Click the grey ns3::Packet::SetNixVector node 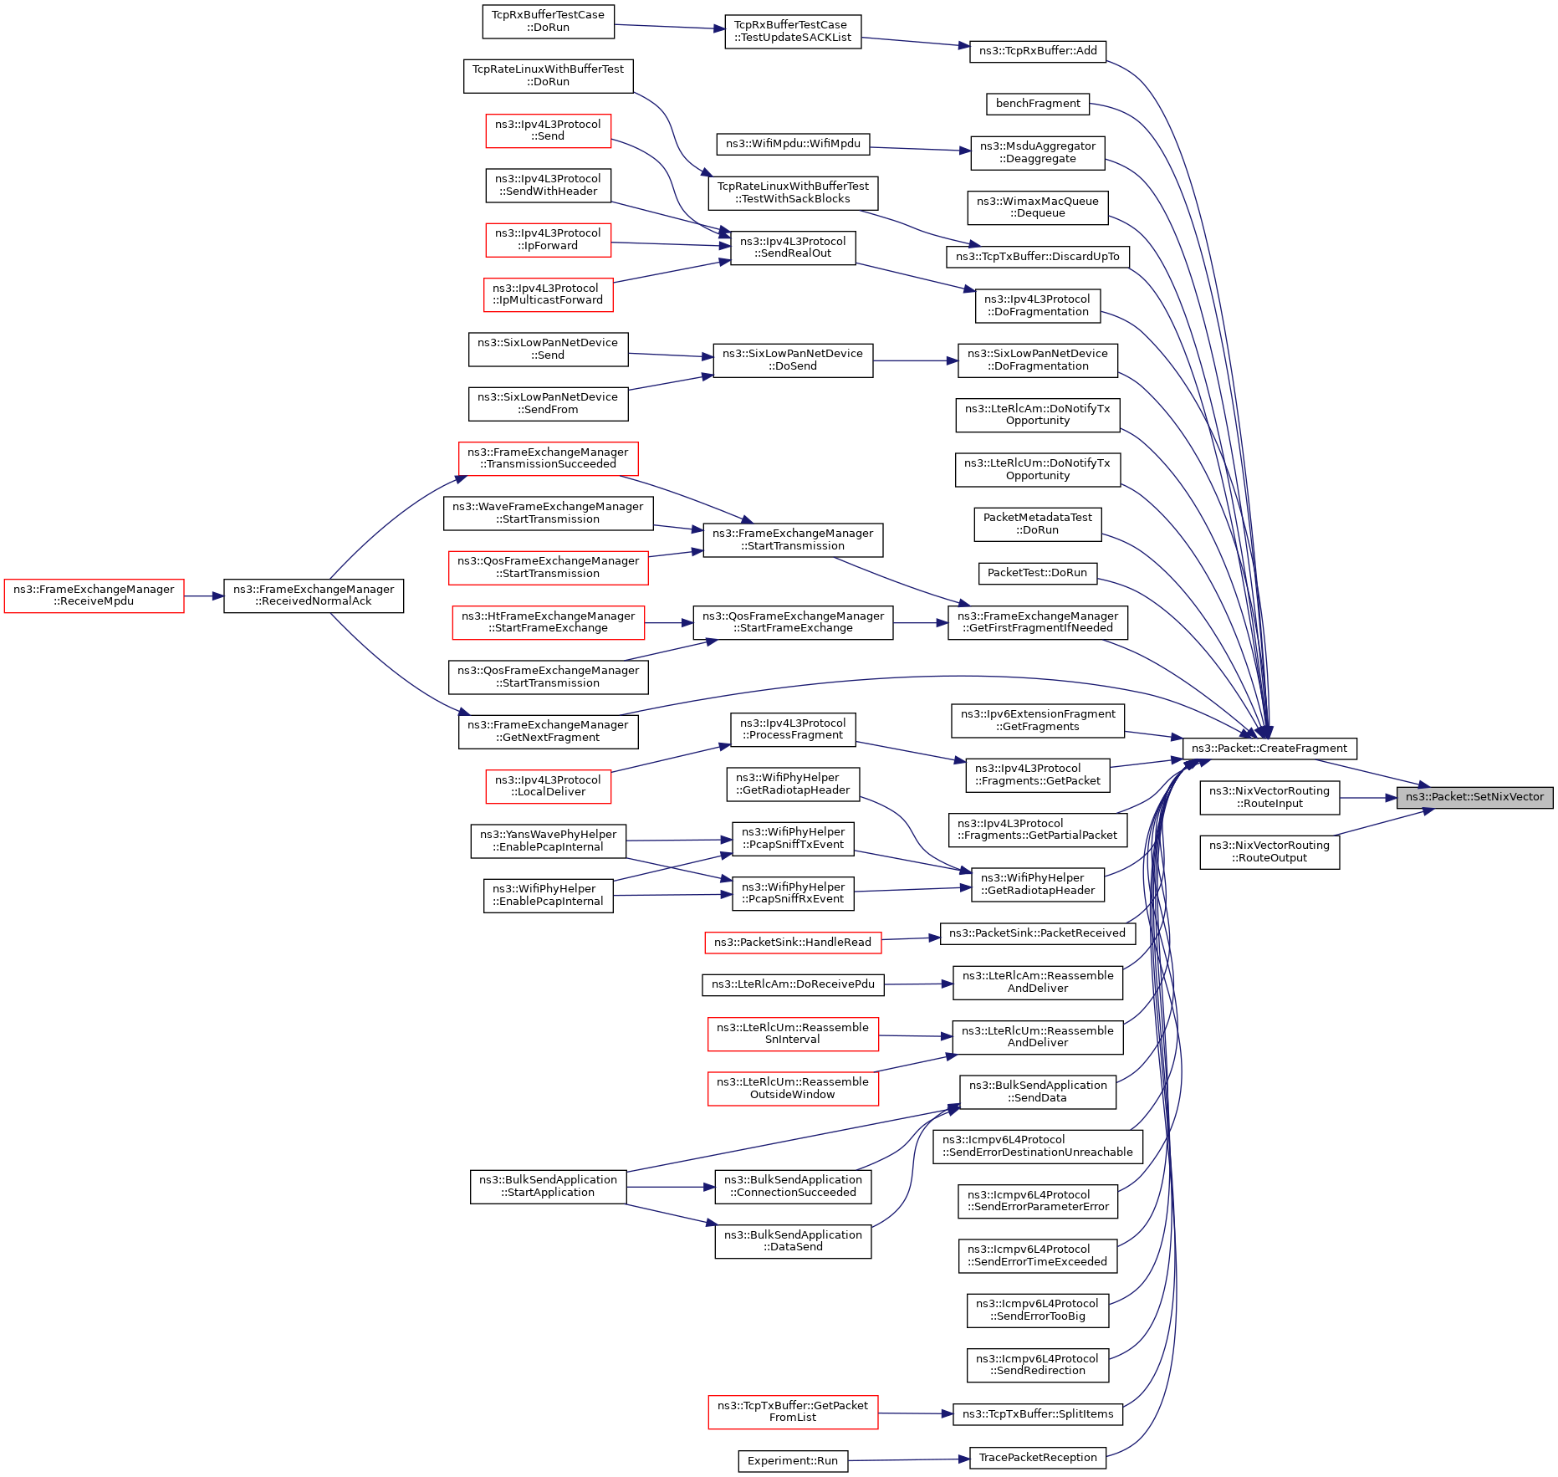tap(1474, 797)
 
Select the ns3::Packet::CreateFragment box tap(1269, 749)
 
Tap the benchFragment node tap(1038, 104)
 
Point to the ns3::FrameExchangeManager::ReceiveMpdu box tap(94, 595)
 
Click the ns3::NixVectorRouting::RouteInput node tap(1269, 798)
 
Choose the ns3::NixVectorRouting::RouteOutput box tap(1269, 852)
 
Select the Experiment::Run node tap(793, 1461)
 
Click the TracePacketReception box tap(1038, 1458)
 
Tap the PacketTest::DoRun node tap(1037, 573)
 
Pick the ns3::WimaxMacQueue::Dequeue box tap(1038, 207)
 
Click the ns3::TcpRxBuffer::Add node tap(1038, 51)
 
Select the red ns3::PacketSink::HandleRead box tap(793, 943)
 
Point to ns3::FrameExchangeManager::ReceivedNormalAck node tap(314, 595)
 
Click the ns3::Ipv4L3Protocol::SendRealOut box tap(793, 248)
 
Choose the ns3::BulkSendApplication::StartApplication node tap(548, 1187)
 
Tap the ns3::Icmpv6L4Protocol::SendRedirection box tap(1038, 1365)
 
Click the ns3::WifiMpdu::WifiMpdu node tap(793, 144)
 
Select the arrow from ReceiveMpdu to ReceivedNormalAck tap(204, 596)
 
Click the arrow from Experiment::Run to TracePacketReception tap(908, 1460)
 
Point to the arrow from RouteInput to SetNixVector tap(1368, 798)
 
